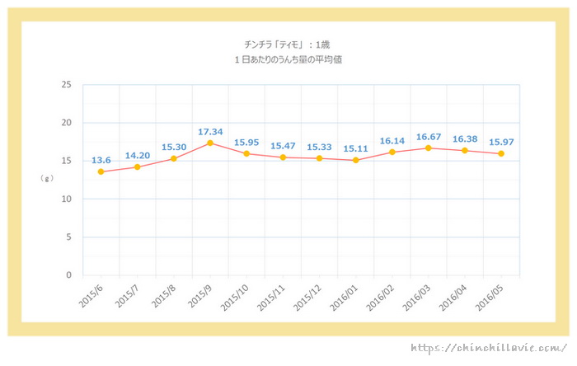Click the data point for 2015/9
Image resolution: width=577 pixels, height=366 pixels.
pos(210,143)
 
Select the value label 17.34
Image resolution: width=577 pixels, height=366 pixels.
pos(210,131)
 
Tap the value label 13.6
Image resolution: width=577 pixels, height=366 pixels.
pos(101,160)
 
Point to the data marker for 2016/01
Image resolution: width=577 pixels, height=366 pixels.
pos(355,160)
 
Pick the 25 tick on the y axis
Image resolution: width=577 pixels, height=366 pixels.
pos(66,85)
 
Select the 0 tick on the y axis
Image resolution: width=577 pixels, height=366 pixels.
pos(68,275)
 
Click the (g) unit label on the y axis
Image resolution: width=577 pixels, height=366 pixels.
pos(47,177)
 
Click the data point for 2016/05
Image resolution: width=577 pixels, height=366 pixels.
pos(501,153)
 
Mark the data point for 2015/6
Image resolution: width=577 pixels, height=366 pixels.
pos(101,171)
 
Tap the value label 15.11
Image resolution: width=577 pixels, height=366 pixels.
pos(355,148)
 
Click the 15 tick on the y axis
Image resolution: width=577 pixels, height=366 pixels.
pos(66,161)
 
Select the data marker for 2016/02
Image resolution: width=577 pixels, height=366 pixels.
pos(392,152)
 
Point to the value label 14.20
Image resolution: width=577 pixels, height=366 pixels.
pos(138,155)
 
